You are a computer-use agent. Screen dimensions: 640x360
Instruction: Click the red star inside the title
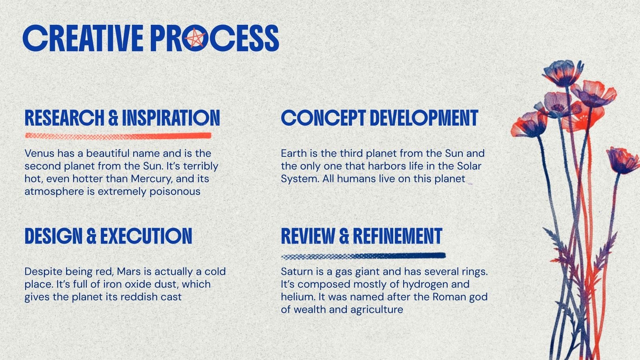(x=194, y=38)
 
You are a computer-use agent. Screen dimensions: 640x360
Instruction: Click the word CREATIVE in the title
(x=83, y=38)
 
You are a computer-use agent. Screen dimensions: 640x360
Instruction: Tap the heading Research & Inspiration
(x=122, y=118)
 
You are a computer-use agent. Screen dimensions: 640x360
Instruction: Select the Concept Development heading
(x=380, y=118)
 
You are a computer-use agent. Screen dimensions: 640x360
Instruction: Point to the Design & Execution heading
(x=108, y=236)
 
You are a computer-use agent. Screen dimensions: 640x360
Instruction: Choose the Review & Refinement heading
(x=362, y=236)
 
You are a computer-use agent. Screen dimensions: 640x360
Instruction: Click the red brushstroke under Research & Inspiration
(x=118, y=136)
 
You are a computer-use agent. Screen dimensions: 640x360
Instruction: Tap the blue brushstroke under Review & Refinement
(x=364, y=256)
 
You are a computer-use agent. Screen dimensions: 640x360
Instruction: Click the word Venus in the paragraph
(x=40, y=154)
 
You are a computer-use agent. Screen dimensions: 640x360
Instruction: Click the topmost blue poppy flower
(x=563, y=72)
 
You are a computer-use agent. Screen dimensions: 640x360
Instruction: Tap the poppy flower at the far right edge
(x=623, y=160)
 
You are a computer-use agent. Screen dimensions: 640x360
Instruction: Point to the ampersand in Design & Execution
(x=91, y=236)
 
